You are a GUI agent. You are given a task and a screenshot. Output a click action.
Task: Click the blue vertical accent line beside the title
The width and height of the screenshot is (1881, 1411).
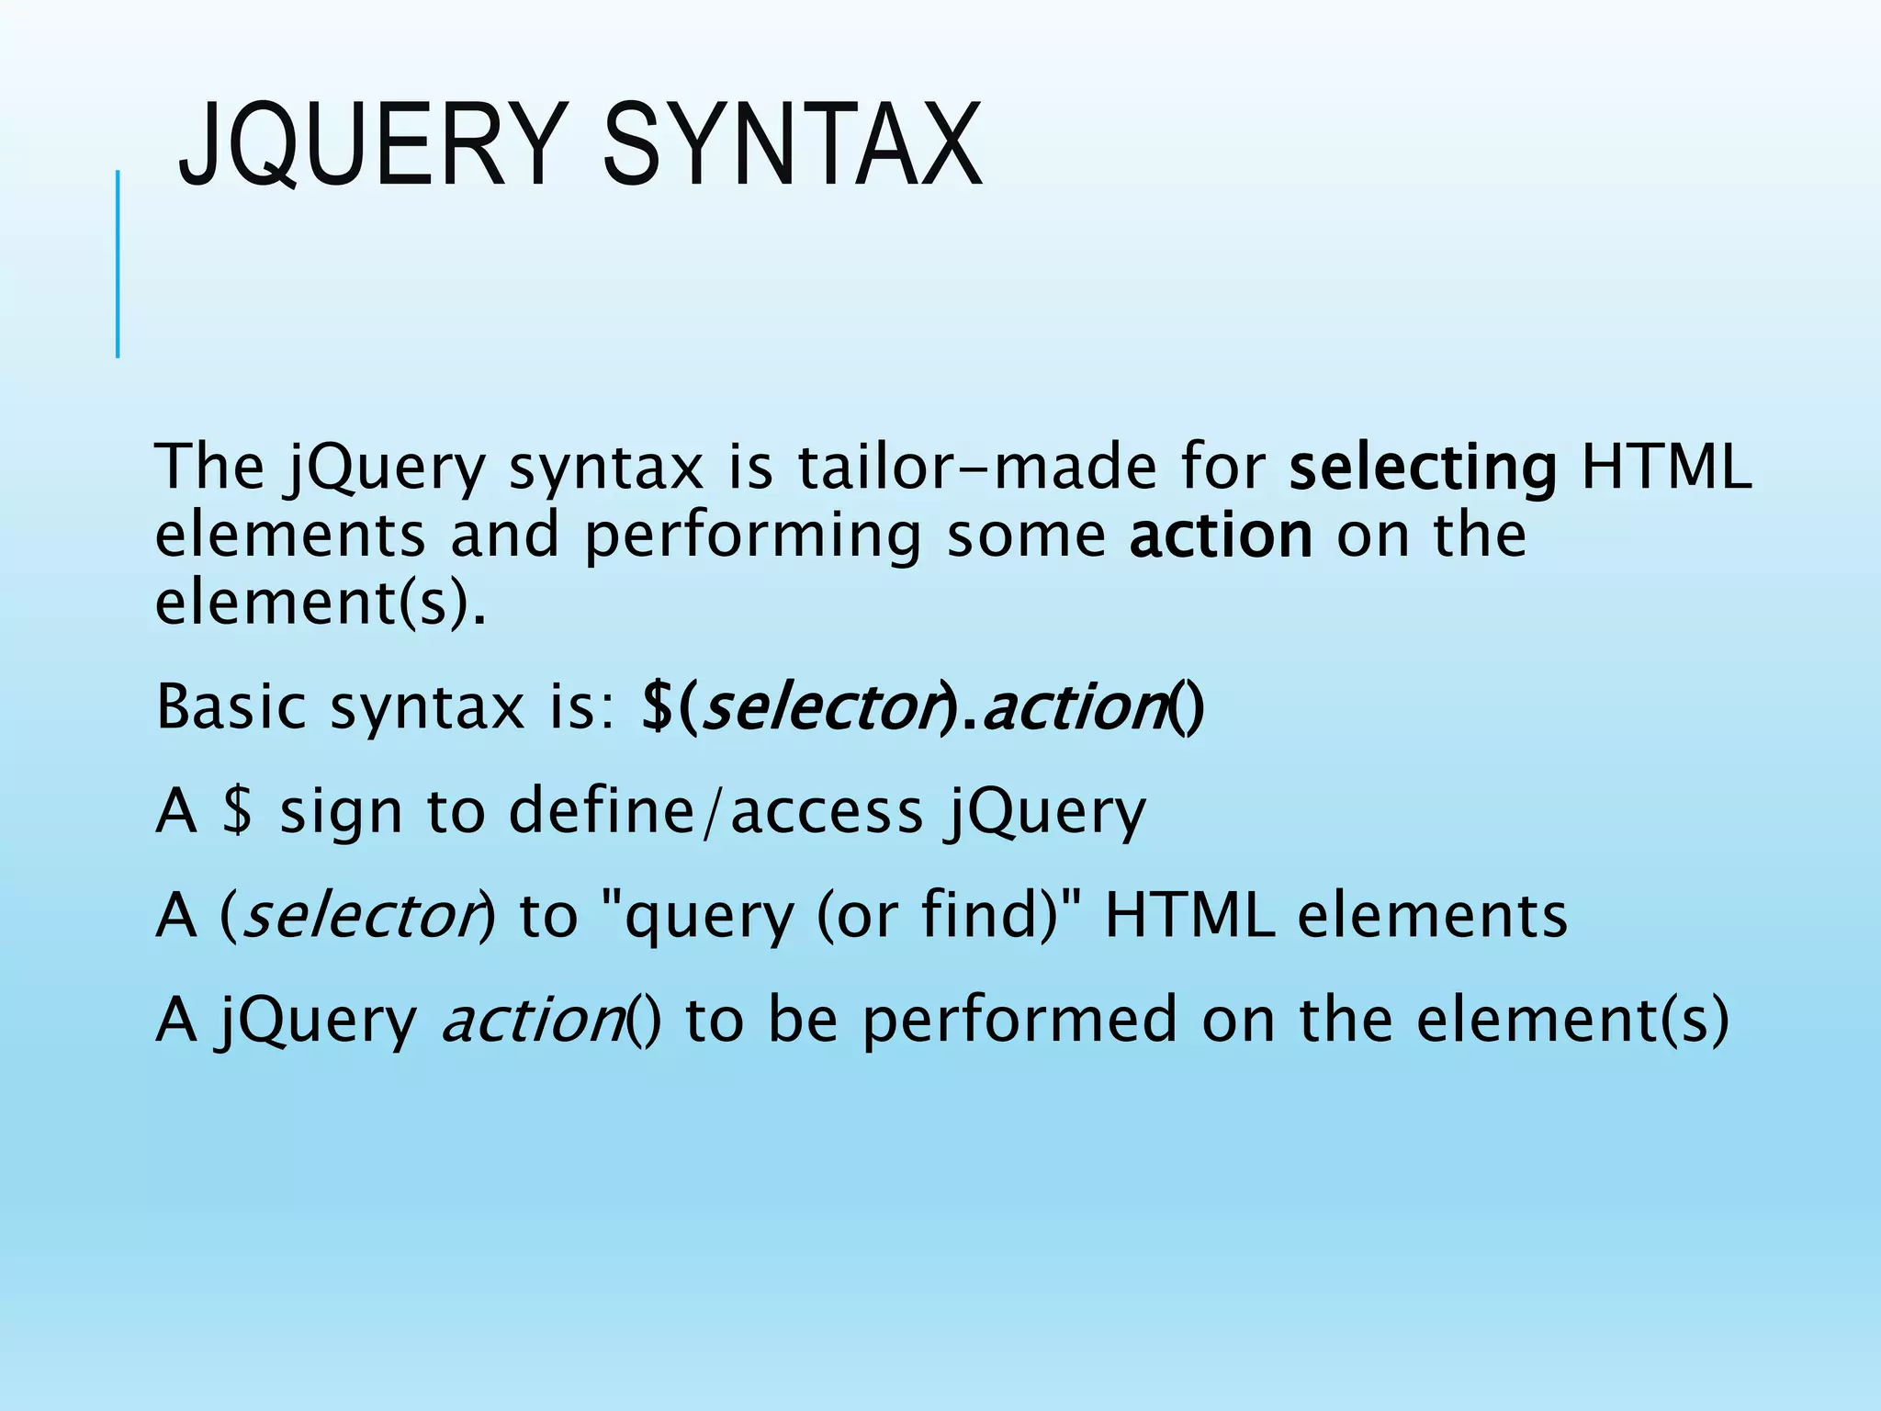pos(118,264)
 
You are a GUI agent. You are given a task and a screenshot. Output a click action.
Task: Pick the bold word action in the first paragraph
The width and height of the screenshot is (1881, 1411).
pos(1221,536)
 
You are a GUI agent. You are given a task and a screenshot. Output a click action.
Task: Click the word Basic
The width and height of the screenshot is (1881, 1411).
pos(231,707)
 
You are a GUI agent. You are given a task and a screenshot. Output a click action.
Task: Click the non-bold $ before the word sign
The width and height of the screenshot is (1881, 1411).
pos(237,812)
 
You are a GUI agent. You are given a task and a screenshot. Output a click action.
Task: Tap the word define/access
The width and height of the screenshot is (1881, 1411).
pos(715,812)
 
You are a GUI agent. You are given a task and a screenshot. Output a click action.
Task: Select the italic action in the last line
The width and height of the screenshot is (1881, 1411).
pos(533,1021)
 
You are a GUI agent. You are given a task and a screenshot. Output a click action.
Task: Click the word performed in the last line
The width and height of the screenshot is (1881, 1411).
pos(1019,1022)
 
